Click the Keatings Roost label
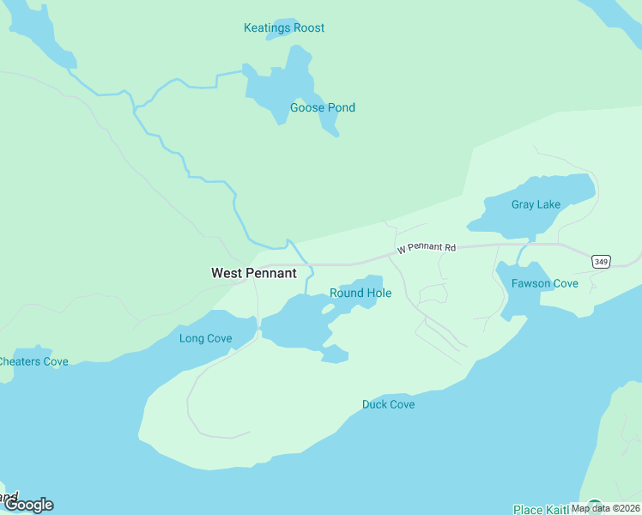284,28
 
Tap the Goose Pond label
322,108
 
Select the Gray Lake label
536,205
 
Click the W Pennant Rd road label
425,248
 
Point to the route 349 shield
600,261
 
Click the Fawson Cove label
544,284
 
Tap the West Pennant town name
254,274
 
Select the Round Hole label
360,294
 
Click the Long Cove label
205,339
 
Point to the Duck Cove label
388,405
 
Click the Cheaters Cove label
33,362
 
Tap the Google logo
28,505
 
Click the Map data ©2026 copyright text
605,508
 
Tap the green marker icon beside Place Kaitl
595,507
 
